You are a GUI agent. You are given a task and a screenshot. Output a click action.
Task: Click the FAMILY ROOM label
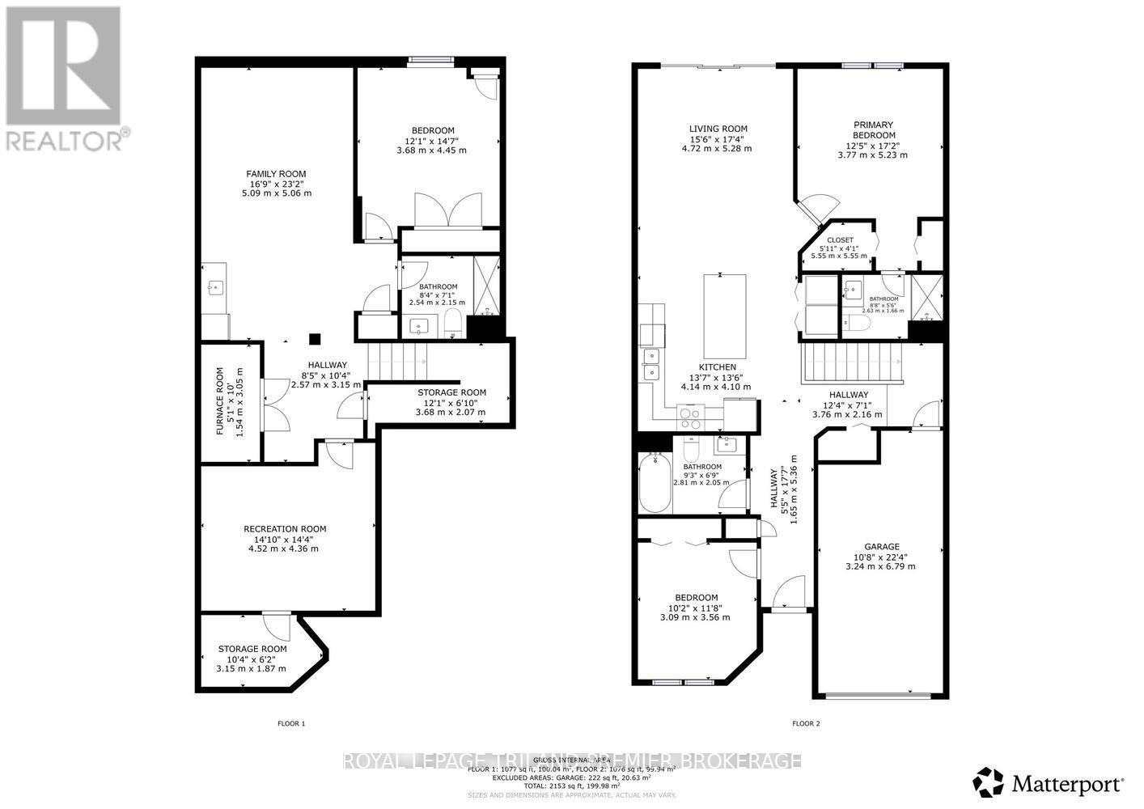click(x=276, y=174)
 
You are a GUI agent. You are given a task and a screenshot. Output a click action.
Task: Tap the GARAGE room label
click(x=882, y=547)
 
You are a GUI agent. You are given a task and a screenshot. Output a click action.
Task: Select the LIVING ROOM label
click(x=718, y=129)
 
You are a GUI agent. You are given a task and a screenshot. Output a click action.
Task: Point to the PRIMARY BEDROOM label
click(x=874, y=129)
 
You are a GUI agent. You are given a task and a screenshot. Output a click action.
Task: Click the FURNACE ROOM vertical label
click(x=219, y=402)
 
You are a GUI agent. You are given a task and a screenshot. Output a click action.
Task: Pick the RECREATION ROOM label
click(x=285, y=529)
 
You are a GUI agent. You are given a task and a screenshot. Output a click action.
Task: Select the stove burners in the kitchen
click(x=690, y=417)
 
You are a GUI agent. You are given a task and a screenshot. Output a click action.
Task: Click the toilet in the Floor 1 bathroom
click(x=452, y=322)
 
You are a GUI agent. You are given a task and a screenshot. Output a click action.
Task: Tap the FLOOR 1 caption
click(x=291, y=723)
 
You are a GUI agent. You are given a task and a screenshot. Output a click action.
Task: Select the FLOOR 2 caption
click(x=806, y=723)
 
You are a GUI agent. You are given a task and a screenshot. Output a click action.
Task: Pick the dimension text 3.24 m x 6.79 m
click(x=880, y=566)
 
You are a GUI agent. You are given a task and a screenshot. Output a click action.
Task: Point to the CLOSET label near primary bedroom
click(x=840, y=240)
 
